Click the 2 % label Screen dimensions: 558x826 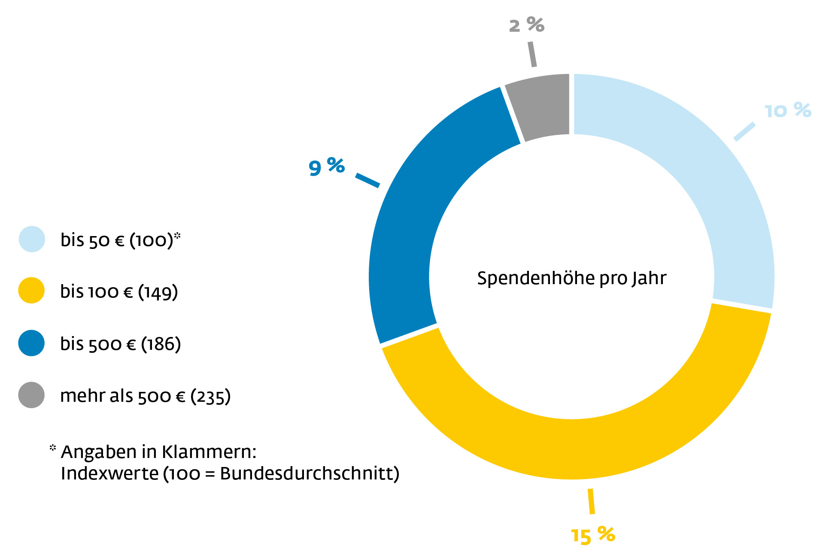[x=526, y=25]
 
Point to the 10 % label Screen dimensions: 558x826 [x=788, y=111]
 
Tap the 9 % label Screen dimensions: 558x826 [x=326, y=167]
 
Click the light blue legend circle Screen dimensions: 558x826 [x=32, y=239]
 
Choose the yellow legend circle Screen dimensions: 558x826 [x=31, y=291]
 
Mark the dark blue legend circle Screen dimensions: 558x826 [x=31, y=343]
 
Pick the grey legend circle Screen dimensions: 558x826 [x=31, y=395]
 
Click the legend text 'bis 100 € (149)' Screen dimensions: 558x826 [x=119, y=292]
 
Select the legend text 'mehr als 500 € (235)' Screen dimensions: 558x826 [x=145, y=396]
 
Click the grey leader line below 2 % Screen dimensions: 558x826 [x=532, y=54]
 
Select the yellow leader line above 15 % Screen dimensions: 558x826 [x=591, y=501]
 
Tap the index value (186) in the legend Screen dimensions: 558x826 [x=161, y=344]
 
